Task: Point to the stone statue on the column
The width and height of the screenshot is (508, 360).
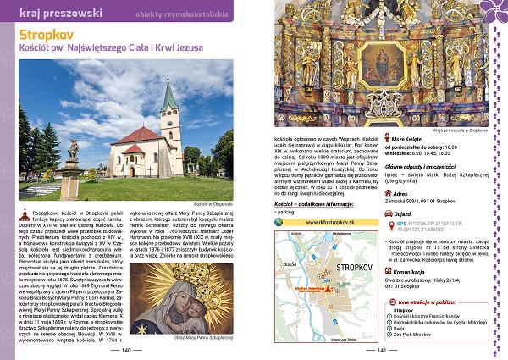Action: [x=74, y=150]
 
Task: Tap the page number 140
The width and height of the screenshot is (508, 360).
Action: [x=127, y=349]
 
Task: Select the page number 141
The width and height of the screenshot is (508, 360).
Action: [x=380, y=349]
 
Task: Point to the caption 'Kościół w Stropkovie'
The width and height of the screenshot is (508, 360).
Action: [x=212, y=204]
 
